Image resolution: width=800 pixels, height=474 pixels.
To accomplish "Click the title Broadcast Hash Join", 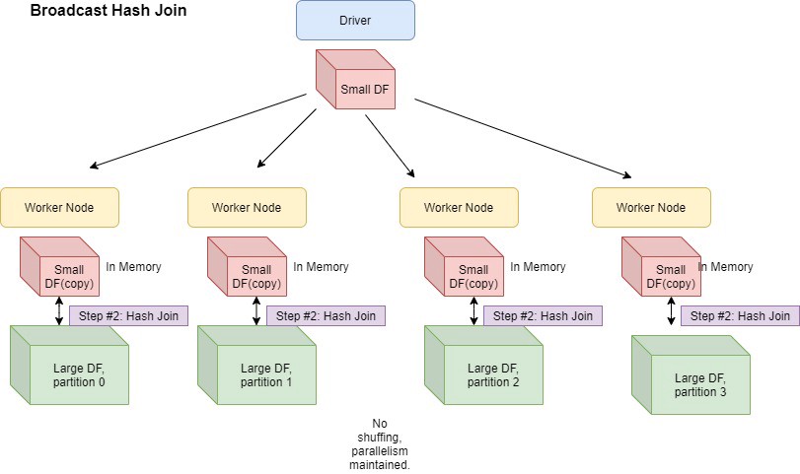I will point(109,12).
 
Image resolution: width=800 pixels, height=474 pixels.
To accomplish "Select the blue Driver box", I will point(355,21).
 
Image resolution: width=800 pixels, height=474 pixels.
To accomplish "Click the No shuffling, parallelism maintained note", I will point(381,443).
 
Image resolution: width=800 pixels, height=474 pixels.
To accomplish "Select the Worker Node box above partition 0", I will point(59,208).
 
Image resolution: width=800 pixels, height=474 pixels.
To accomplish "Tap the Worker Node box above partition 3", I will point(651,208).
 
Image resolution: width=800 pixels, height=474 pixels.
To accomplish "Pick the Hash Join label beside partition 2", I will point(543,316).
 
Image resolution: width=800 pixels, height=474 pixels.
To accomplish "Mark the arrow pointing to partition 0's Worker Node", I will point(197,131).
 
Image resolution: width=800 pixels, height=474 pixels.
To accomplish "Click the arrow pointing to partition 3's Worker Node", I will point(523,138).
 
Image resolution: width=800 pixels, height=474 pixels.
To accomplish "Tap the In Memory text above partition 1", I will point(321,267).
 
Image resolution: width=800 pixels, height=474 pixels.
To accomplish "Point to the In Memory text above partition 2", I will point(538,267).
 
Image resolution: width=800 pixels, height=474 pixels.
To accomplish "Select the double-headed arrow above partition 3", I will point(672,311).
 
